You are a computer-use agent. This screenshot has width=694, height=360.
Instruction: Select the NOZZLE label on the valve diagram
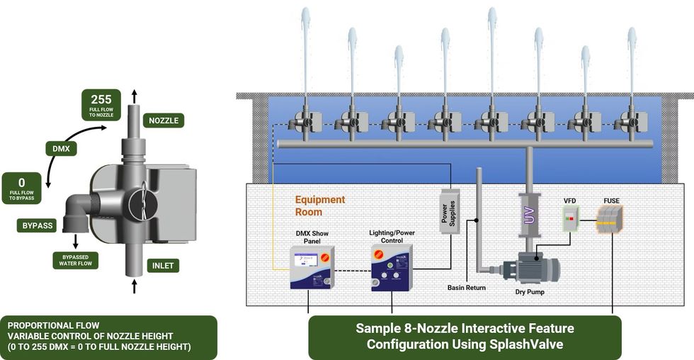click(164, 120)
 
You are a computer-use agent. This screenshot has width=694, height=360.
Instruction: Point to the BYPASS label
click(37, 225)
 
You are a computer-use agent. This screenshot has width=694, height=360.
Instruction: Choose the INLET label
click(161, 266)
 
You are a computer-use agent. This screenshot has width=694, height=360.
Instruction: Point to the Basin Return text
click(466, 288)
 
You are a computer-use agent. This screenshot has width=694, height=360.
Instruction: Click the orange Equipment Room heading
click(320, 206)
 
